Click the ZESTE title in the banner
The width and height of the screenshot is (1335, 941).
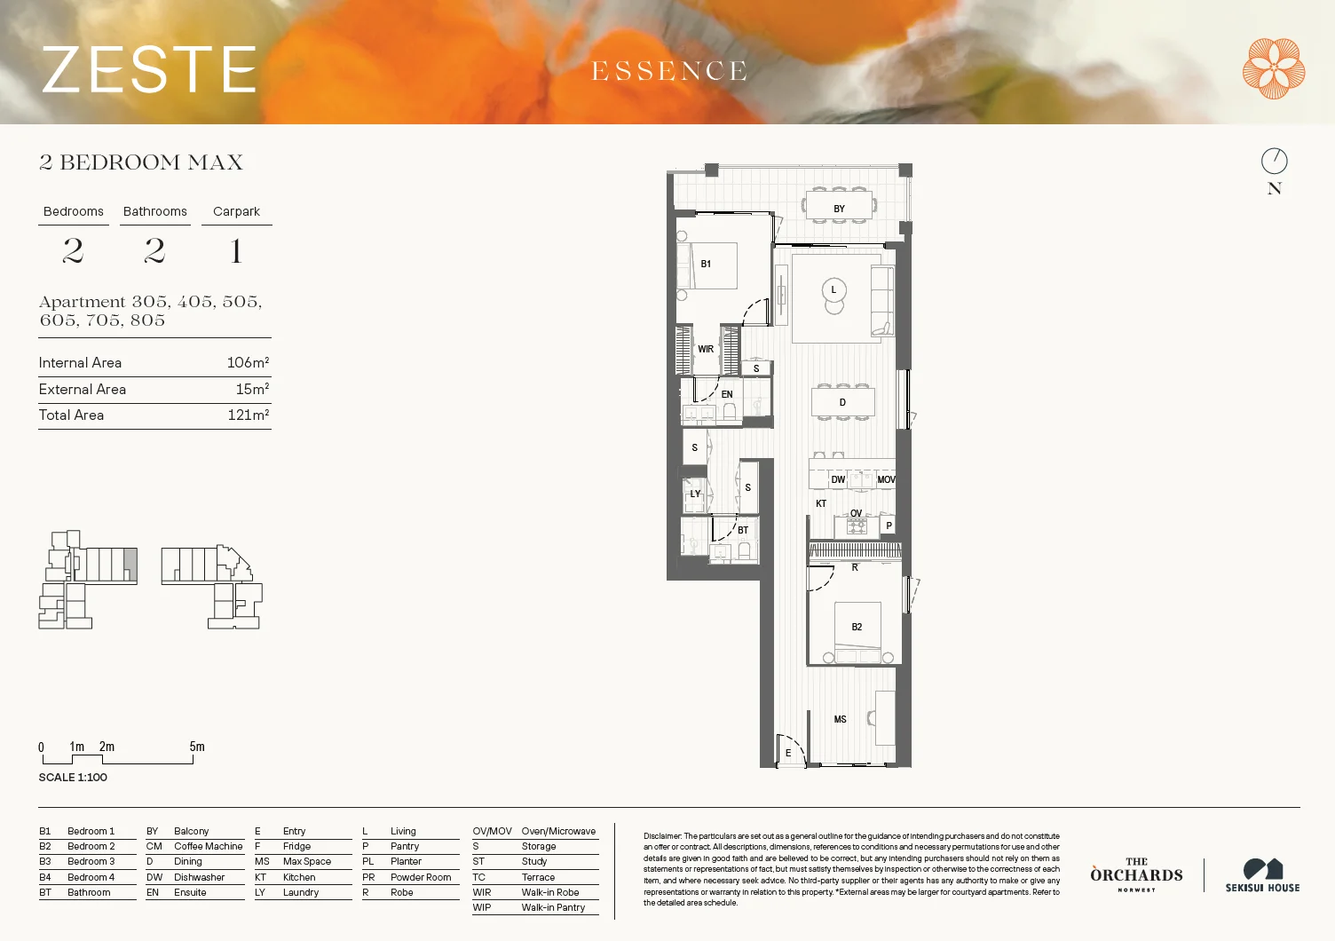(149, 70)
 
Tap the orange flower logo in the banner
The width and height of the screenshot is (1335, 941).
(1273, 68)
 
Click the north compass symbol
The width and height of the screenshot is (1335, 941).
(1274, 161)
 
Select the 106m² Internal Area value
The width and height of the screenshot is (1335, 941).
(248, 362)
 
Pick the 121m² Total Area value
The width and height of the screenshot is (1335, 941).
(248, 415)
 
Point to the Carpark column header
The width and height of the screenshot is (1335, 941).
(236, 211)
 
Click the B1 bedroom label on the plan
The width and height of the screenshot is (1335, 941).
(706, 264)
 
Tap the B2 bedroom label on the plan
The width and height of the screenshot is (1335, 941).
(857, 627)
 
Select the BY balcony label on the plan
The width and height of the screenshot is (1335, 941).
(839, 209)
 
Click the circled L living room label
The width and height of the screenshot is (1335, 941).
(833, 289)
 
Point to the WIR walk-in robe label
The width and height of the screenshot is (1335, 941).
(706, 349)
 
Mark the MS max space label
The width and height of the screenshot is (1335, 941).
(840, 719)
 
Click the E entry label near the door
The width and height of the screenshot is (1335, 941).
(787, 753)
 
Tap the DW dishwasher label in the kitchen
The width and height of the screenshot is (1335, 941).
(838, 479)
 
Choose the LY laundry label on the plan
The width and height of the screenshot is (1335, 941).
(695, 494)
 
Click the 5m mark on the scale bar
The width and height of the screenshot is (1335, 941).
(196, 747)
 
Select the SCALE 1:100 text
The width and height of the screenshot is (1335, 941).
(73, 777)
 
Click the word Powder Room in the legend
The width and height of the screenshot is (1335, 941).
(421, 877)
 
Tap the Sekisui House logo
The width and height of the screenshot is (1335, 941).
(1262, 874)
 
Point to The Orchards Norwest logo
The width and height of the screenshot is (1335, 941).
(1136, 874)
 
